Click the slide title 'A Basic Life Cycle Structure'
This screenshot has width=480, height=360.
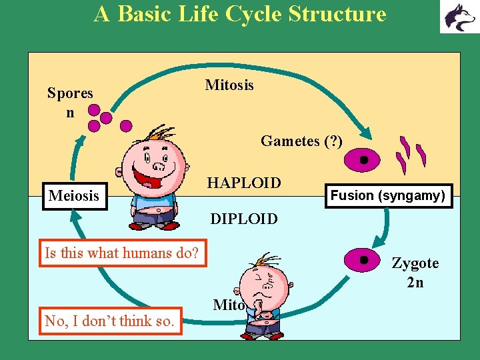point(240,14)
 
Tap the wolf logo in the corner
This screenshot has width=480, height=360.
point(458,17)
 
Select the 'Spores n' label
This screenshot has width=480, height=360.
point(70,103)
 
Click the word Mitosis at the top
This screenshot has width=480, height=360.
point(229,85)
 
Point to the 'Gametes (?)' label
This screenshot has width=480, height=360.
point(301,141)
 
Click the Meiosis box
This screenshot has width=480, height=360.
point(75,196)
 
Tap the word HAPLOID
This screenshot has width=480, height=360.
point(244,182)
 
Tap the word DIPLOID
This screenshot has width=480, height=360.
point(244,219)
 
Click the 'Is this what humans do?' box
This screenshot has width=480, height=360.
point(123,253)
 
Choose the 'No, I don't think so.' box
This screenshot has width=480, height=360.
point(110,321)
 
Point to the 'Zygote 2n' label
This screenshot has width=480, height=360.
point(415,272)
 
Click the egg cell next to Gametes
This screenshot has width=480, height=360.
point(363,160)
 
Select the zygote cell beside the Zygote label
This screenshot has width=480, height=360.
point(363,260)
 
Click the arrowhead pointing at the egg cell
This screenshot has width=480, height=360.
point(366,133)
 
